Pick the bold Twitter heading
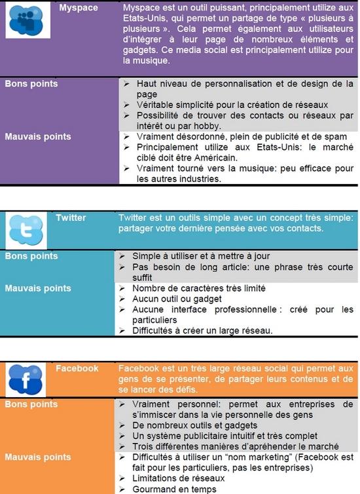click(x=71, y=218)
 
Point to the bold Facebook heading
click(x=77, y=368)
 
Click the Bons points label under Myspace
click(x=31, y=84)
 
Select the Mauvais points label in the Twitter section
click(x=37, y=288)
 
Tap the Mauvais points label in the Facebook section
click(x=37, y=457)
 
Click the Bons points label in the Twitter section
click(x=31, y=256)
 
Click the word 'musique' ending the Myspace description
click(x=152, y=61)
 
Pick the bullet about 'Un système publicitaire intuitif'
click(x=225, y=436)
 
